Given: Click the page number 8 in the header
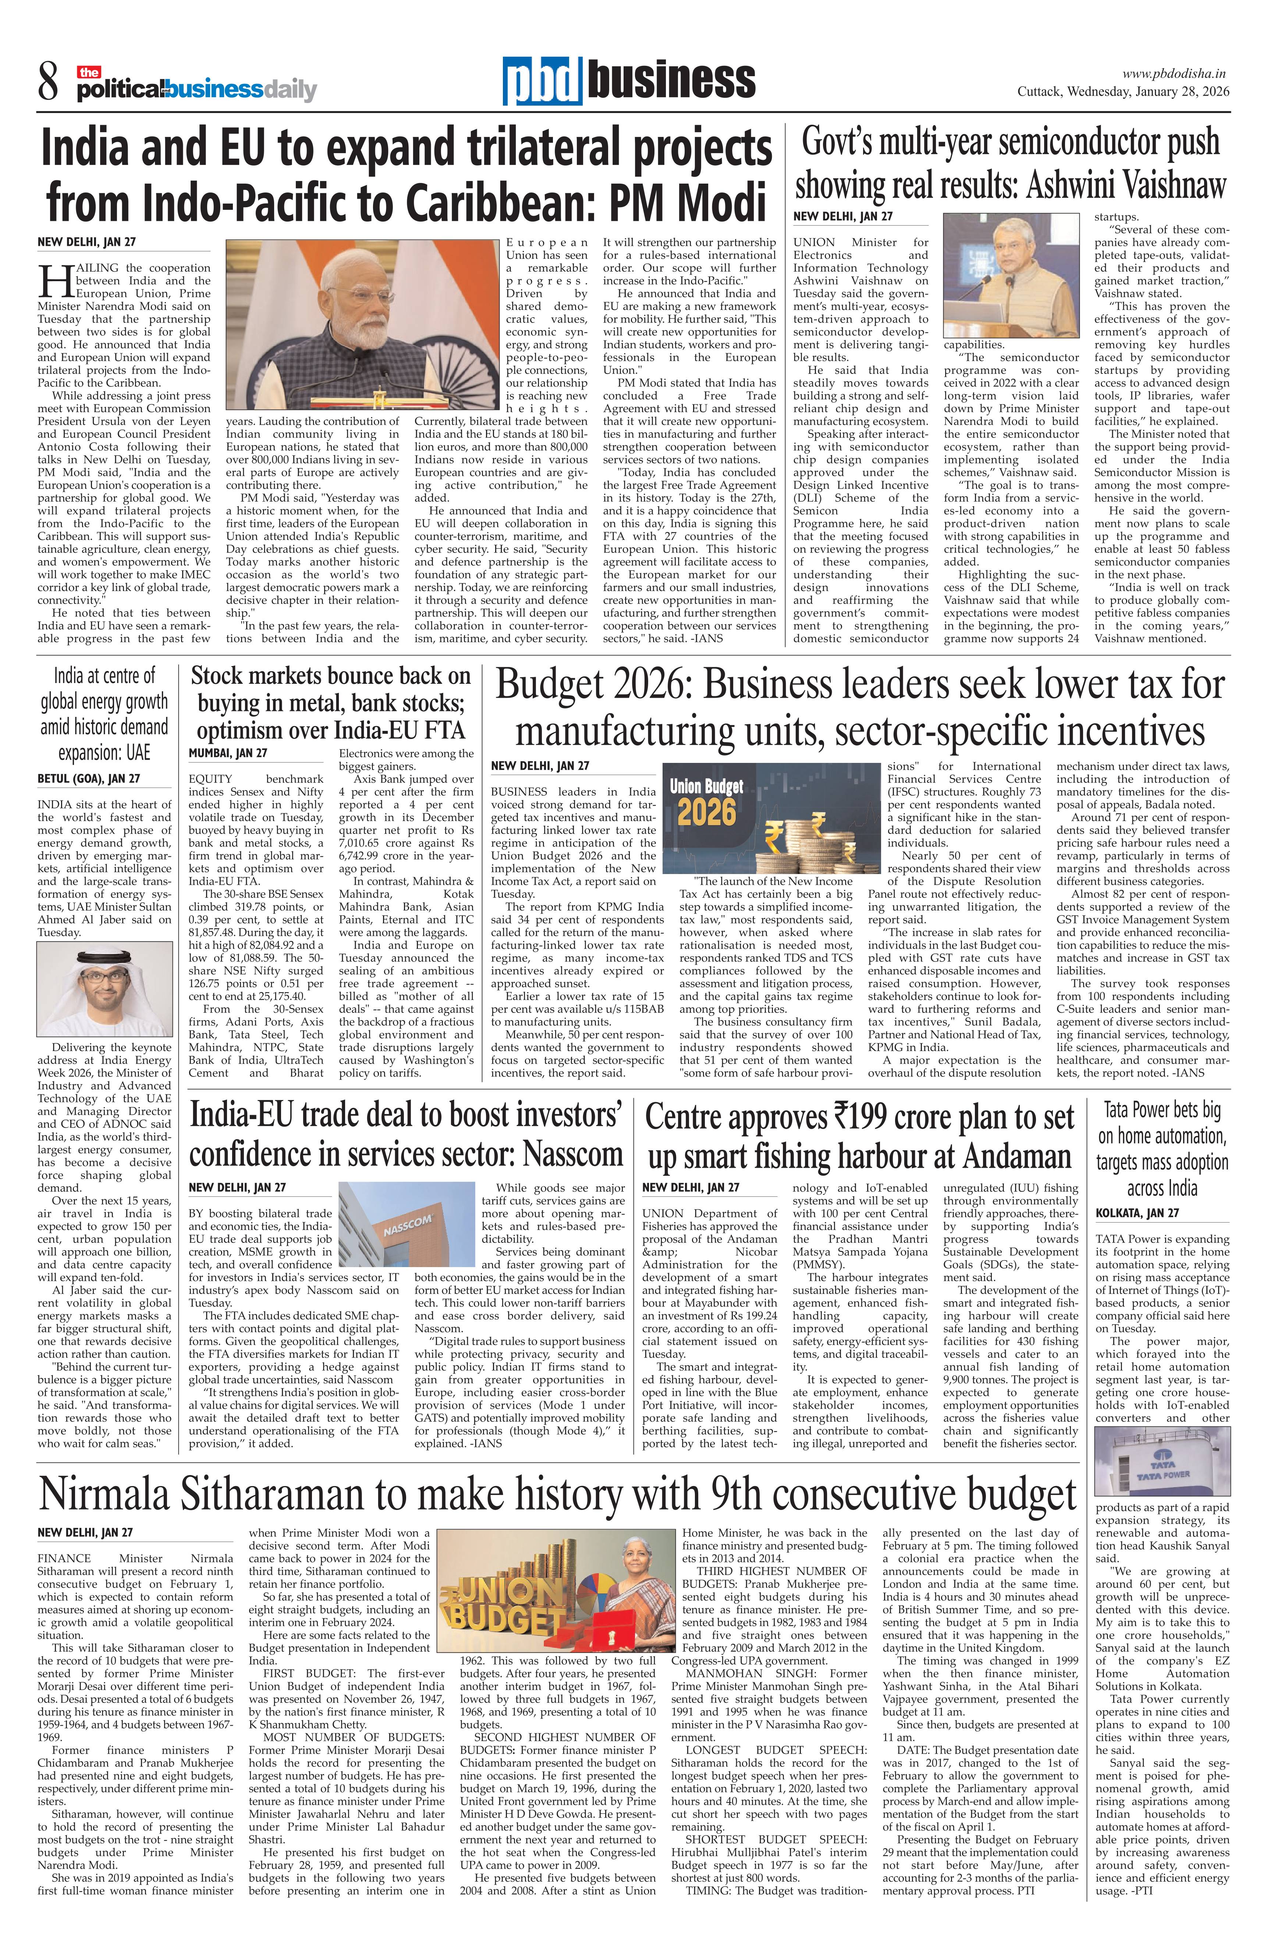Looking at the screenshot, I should (48, 83).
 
